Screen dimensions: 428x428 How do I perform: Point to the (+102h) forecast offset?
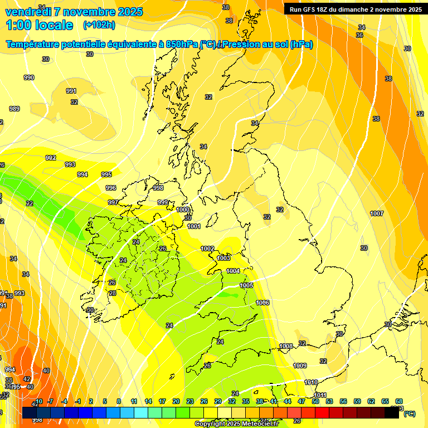99,25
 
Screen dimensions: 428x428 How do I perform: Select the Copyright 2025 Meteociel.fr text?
236,424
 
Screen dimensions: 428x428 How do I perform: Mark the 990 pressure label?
29,77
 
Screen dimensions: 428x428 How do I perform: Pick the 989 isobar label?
14,109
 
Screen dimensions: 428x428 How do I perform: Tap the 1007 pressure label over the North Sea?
377,213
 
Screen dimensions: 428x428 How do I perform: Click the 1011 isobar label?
320,395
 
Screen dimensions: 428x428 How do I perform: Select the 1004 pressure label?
233,271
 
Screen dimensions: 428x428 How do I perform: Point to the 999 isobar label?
163,202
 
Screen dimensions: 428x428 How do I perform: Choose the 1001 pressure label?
194,226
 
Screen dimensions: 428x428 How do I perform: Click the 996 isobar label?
111,188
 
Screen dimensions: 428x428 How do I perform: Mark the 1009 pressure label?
300,366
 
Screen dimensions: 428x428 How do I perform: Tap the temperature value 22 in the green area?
30,203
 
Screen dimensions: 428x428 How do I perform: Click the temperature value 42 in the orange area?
27,379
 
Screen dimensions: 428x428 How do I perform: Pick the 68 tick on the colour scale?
399,401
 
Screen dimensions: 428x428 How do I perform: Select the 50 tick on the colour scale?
315,401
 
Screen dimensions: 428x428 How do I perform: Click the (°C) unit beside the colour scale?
409,413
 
